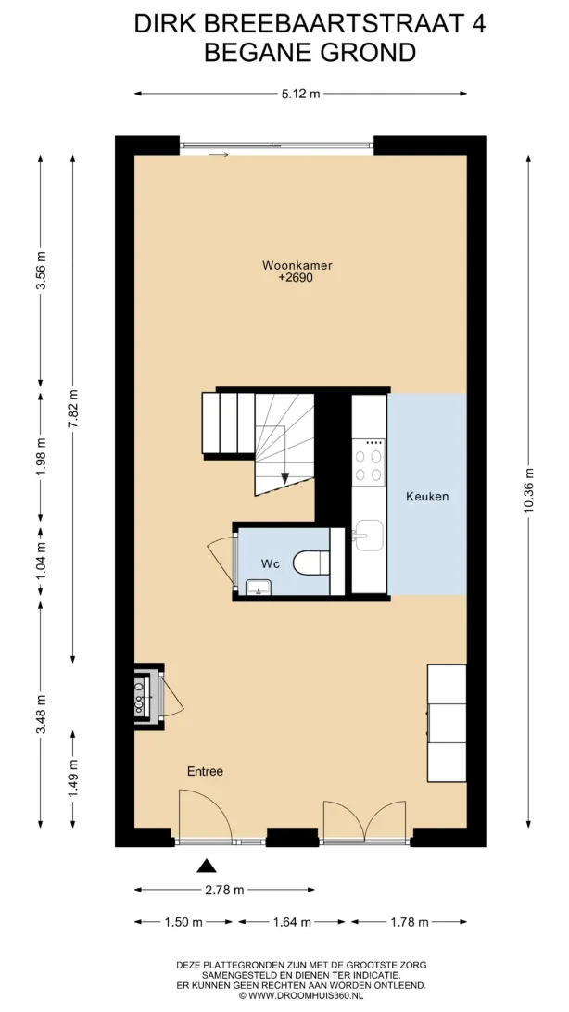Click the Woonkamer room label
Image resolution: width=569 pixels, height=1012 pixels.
[292, 265]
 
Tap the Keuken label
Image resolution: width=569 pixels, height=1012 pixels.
[426, 497]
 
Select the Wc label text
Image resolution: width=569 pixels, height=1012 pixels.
[270, 564]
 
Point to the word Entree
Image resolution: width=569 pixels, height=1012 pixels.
[205, 771]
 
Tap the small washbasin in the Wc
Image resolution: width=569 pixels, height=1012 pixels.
[258, 588]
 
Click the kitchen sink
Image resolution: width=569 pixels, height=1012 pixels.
[369, 535]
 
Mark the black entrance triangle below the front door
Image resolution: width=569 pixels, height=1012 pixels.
[207, 867]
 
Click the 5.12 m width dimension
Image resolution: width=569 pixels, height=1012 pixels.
[300, 94]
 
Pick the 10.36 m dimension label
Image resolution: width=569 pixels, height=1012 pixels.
[528, 490]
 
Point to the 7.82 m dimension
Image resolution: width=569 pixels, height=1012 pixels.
[73, 409]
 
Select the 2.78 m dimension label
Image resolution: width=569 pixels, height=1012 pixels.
[224, 890]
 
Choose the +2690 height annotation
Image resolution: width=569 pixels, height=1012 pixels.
[292, 277]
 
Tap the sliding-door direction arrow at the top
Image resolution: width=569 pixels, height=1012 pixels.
[220, 155]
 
